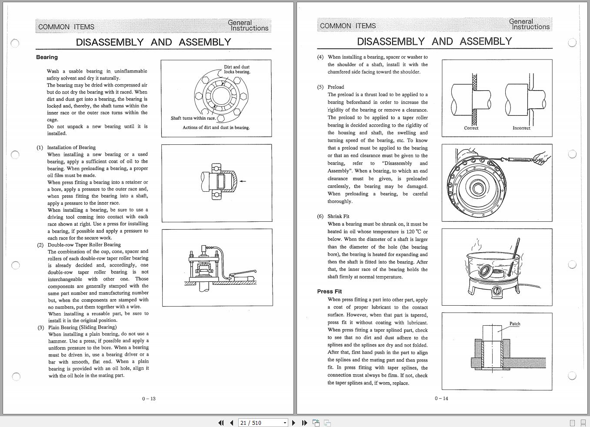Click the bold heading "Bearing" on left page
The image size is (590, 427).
(x=47, y=57)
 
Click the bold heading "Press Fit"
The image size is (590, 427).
(x=329, y=291)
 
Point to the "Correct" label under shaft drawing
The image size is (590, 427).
(x=471, y=128)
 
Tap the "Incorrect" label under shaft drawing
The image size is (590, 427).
(x=521, y=128)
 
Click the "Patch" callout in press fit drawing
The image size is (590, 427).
(x=515, y=324)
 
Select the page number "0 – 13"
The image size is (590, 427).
(x=149, y=399)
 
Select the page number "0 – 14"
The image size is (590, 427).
(x=441, y=398)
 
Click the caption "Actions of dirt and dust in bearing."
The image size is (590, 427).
(x=216, y=128)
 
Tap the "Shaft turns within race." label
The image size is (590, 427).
(x=193, y=118)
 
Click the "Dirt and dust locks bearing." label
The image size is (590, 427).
(x=237, y=70)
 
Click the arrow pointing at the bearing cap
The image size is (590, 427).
(x=243, y=181)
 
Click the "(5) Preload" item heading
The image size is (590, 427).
(x=330, y=87)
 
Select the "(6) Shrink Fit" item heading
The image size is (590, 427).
(x=333, y=216)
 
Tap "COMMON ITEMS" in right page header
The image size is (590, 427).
(x=348, y=26)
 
